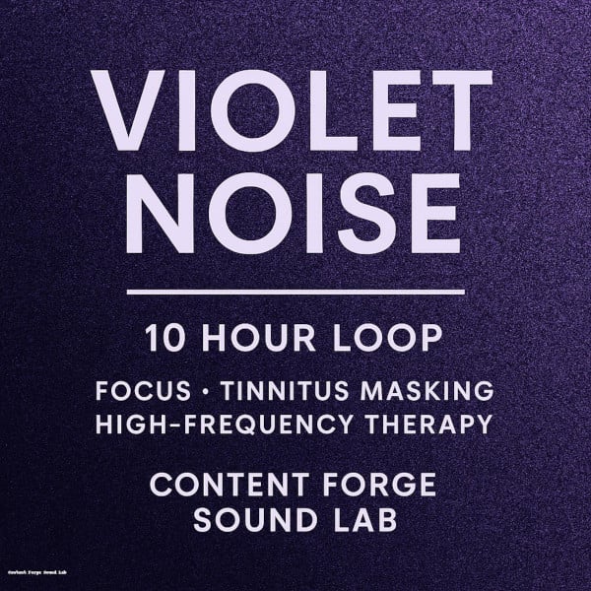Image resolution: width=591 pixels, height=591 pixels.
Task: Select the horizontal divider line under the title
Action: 295,292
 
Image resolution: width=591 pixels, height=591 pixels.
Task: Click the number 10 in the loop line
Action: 164,339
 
